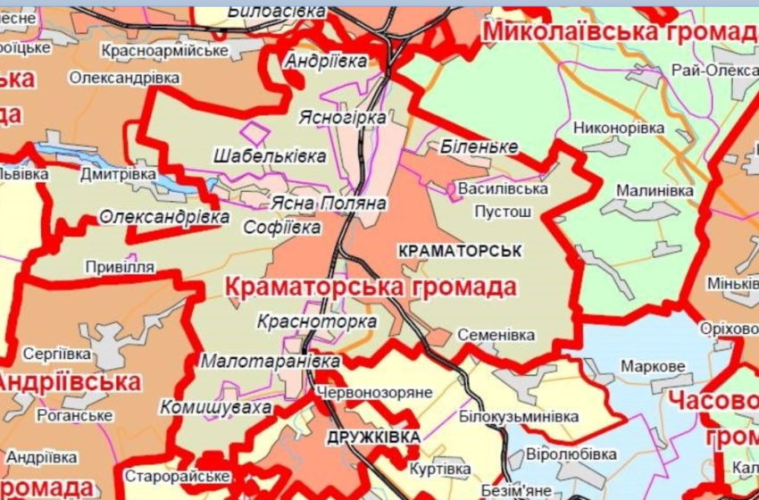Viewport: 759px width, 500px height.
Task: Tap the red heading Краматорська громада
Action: [x=371, y=288]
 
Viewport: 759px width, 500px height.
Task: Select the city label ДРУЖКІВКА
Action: [x=373, y=437]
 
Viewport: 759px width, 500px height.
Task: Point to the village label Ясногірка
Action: [x=350, y=118]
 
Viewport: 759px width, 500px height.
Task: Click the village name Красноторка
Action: [x=316, y=321]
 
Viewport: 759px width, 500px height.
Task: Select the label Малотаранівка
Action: [x=271, y=362]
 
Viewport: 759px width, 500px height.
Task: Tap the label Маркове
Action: [x=653, y=367]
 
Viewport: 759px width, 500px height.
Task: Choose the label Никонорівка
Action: [x=619, y=128]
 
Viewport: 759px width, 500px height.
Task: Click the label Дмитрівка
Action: [x=118, y=174]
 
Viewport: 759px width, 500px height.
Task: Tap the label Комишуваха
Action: [x=215, y=407]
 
